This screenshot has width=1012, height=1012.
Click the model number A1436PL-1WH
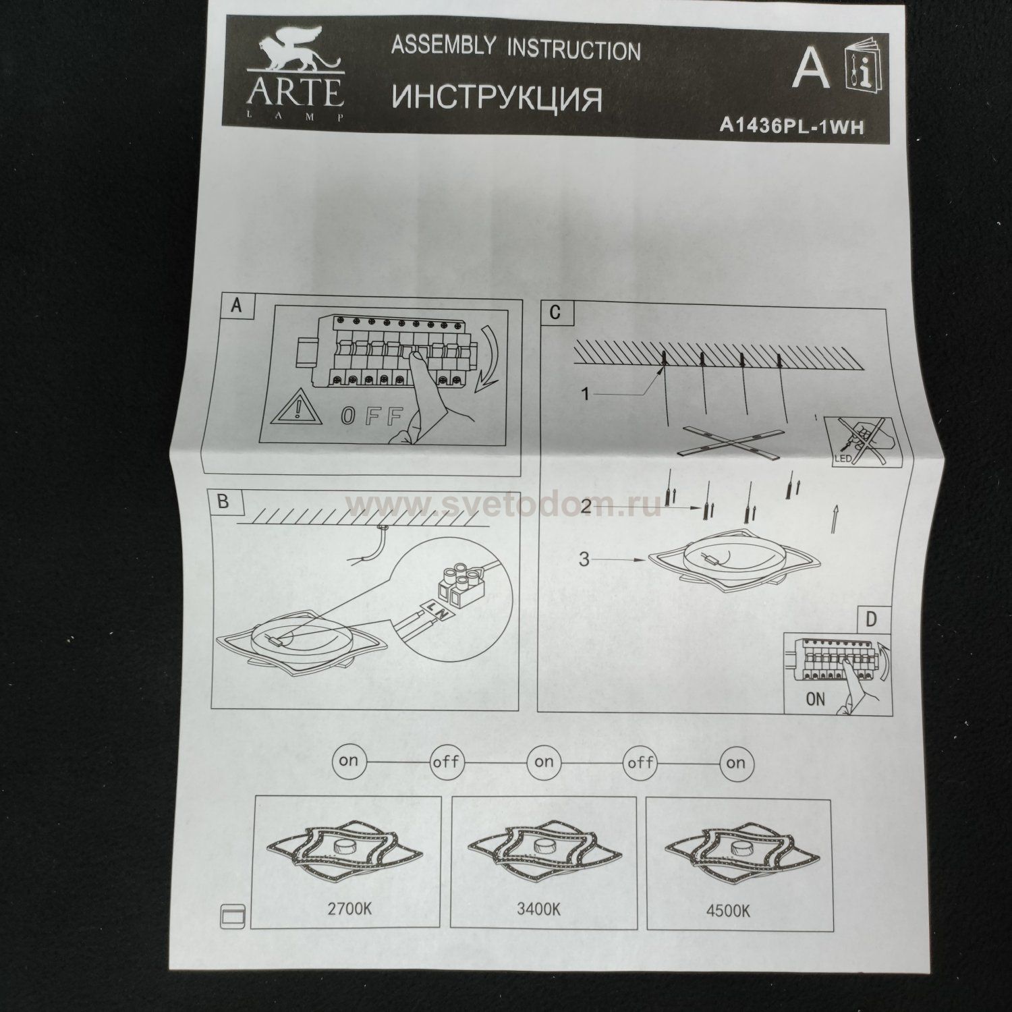click(x=791, y=126)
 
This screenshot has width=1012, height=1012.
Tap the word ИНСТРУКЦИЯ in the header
click(x=497, y=97)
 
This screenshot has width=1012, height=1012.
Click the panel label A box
click(x=235, y=306)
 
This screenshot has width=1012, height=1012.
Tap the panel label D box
click(x=871, y=619)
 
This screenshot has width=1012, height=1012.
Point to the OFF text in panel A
click(x=372, y=414)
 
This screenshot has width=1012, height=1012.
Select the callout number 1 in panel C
click(x=586, y=393)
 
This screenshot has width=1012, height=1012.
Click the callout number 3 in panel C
click(x=585, y=559)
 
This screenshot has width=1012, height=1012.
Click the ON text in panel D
click(x=815, y=698)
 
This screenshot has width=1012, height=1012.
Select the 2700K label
click(x=348, y=908)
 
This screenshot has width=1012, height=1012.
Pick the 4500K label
click(x=728, y=910)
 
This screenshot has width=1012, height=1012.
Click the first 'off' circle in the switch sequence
click(x=446, y=763)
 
